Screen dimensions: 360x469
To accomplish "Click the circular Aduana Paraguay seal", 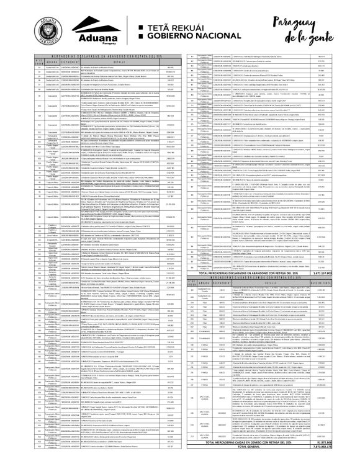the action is coord(49,27).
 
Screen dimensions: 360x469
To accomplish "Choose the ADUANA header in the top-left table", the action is coord(51,61).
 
